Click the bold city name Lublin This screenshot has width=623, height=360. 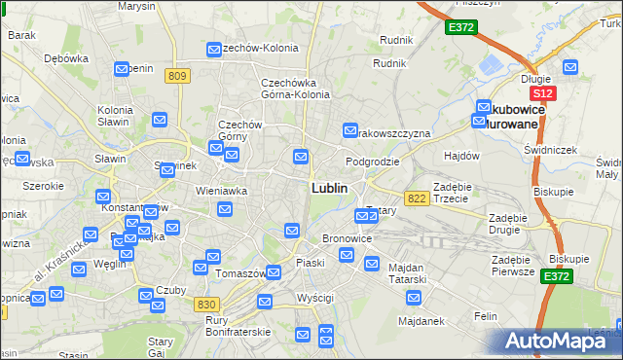click(329, 187)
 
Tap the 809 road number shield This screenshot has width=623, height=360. click(176, 77)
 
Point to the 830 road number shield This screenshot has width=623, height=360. click(205, 305)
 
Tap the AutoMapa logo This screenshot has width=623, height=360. click(563, 341)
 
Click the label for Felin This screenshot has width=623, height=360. click(485, 316)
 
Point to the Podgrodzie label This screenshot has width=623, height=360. click(373, 162)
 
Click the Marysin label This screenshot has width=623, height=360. click(135, 6)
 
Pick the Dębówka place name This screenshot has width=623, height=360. click(66, 57)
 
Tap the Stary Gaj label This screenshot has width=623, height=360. click(160, 347)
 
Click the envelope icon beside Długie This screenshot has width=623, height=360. click(570, 68)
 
